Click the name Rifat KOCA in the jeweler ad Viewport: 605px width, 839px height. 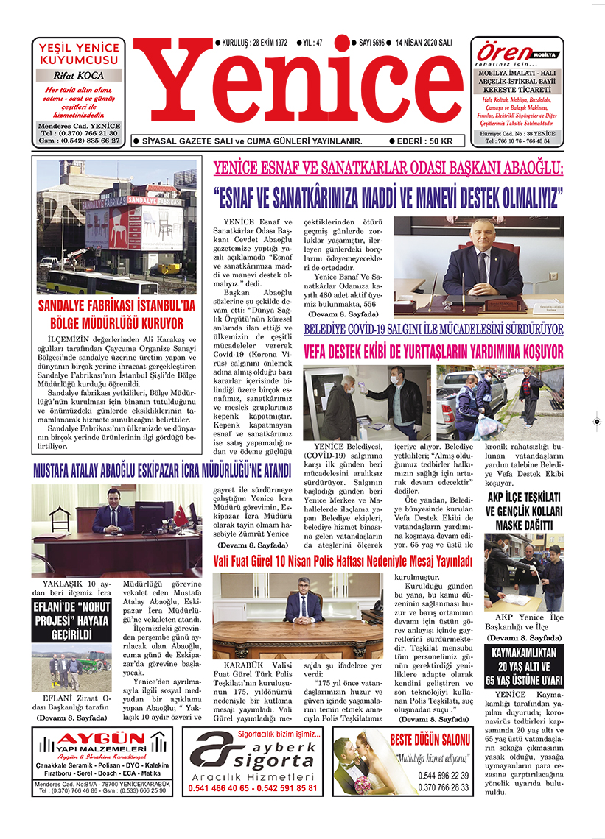tap(79, 75)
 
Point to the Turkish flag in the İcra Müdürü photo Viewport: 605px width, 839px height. tap(180, 516)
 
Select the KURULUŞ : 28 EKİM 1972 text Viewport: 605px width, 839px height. tap(250, 43)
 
